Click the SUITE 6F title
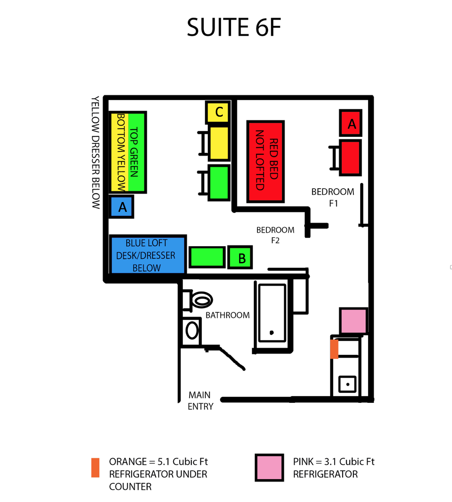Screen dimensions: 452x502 click(234, 27)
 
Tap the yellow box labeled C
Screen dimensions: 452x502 click(218, 112)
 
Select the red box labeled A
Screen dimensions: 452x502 click(351, 123)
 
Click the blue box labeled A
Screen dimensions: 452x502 click(121, 207)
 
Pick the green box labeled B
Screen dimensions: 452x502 click(240, 257)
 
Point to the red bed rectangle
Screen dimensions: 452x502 click(265, 162)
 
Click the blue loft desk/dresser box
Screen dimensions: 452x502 click(148, 255)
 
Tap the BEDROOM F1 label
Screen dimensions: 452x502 click(333, 197)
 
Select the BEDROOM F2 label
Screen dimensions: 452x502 click(275, 235)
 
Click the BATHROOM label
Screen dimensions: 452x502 click(228, 315)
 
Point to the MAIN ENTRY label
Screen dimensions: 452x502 click(200, 401)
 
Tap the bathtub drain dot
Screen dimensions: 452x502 click(272, 333)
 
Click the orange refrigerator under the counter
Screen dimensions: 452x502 click(334, 349)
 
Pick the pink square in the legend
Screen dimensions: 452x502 click(269, 468)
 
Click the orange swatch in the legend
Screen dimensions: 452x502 click(95, 468)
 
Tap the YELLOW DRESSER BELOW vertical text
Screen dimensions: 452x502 click(95, 152)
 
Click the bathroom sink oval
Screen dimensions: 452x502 click(192, 331)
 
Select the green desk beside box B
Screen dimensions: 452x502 click(207, 257)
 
